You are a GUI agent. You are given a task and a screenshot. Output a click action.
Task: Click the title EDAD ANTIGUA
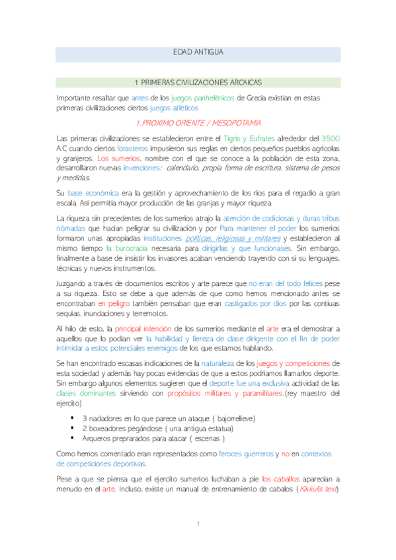198,52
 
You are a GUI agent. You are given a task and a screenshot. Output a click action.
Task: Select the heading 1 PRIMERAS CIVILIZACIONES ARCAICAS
198,83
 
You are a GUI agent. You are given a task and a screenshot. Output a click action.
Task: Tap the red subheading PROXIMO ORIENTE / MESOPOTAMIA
198,123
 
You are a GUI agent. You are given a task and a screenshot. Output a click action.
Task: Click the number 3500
330,138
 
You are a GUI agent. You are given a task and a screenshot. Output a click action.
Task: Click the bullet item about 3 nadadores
169,419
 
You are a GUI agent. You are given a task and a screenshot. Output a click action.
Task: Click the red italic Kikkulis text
318,489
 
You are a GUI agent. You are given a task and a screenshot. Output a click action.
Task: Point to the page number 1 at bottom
198,523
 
